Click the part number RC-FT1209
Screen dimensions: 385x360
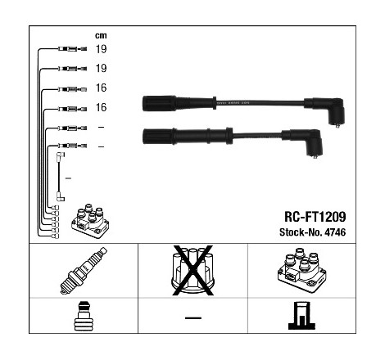[315, 217]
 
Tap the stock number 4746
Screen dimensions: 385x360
[335, 232]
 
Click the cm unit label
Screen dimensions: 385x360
[101, 35]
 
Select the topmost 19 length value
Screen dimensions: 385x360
[101, 49]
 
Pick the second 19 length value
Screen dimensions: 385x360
[101, 68]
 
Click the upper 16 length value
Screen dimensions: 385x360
[101, 88]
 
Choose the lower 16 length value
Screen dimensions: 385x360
[101, 107]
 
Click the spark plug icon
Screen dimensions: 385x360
[84, 271]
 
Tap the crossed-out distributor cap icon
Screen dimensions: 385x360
[192, 270]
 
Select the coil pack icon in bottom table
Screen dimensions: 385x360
[302, 272]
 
